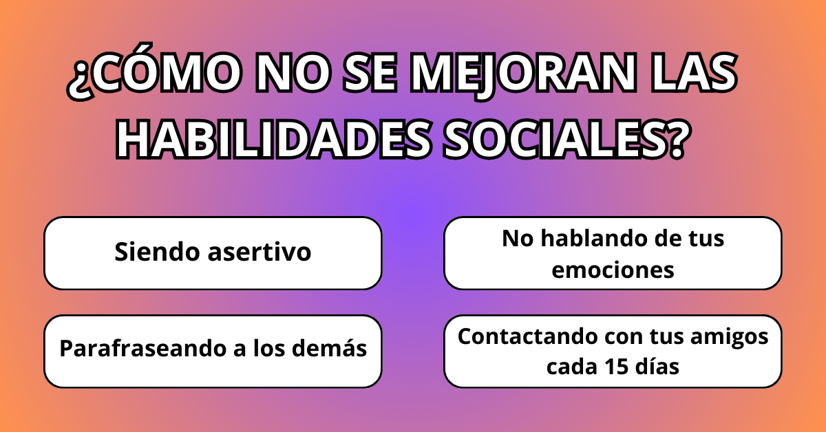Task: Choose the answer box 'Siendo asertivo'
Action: click(x=213, y=252)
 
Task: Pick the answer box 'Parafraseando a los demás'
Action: click(x=213, y=351)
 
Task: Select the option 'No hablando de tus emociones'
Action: click(x=613, y=252)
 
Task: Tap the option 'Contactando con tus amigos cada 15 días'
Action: click(x=613, y=351)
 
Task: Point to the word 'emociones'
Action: click(x=613, y=270)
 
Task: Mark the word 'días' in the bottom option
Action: click(x=658, y=367)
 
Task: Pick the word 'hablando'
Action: click(x=595, y=239)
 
